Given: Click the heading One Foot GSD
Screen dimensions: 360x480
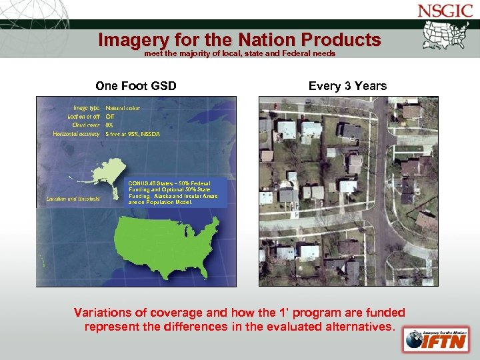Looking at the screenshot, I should (136, 85).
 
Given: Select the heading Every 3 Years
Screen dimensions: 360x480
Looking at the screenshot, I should (347, 85).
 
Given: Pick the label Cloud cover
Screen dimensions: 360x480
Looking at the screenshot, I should (83, 125).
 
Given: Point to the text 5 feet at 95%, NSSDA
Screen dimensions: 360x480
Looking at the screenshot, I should (133, 133).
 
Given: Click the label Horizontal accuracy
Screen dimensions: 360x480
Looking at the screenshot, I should (76, 133).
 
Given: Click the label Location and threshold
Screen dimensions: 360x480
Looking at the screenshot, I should (73, 198).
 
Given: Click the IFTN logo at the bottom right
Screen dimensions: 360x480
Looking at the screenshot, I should (430, 339).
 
